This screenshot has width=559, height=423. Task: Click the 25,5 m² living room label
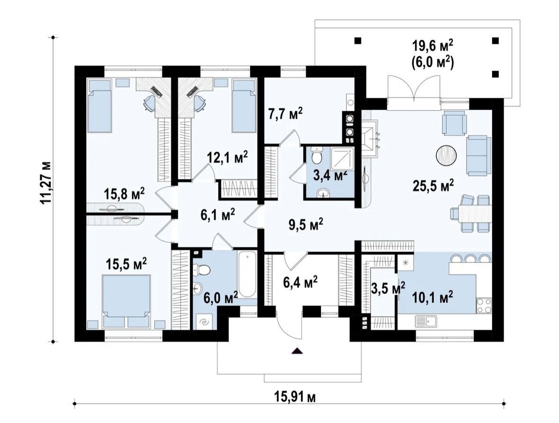[433, 184]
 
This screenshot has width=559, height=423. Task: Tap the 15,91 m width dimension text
[295, 396]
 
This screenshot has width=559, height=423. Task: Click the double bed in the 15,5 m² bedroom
[126, 301]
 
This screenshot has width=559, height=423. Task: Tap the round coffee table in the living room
[446, 155]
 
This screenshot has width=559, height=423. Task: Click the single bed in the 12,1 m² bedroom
[244, 105]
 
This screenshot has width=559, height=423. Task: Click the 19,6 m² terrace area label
[433, 46]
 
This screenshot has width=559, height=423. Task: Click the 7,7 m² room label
[285, 115]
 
